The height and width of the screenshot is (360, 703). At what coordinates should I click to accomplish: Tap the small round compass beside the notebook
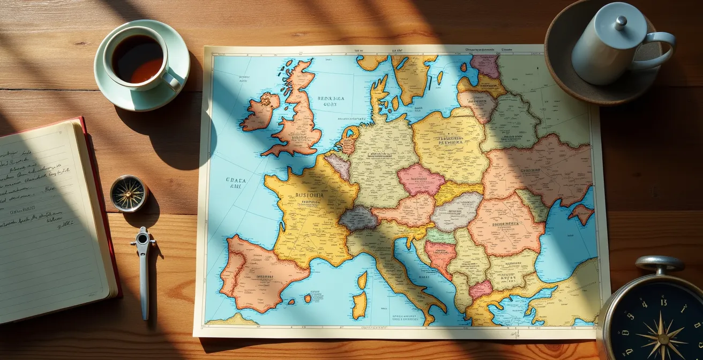129,193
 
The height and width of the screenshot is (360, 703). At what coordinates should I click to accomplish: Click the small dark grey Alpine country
358,218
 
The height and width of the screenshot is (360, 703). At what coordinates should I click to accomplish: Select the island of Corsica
363,280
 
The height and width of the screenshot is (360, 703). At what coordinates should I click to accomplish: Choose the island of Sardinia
360,304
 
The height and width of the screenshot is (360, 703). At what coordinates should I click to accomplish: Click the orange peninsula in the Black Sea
581,213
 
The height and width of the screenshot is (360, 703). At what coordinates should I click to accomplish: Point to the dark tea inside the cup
137,58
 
